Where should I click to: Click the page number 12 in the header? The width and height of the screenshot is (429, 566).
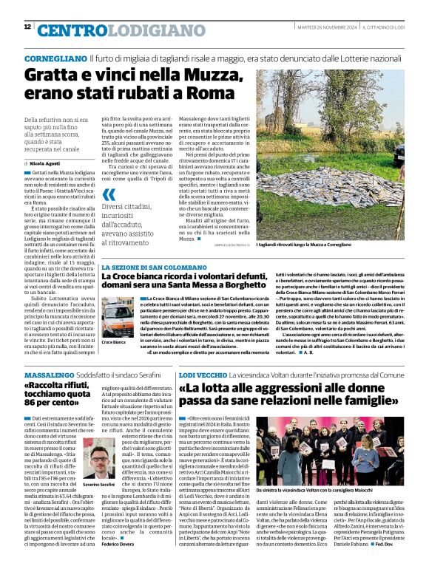point(27,27)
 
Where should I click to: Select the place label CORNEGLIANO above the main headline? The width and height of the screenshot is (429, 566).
point(55,57)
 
